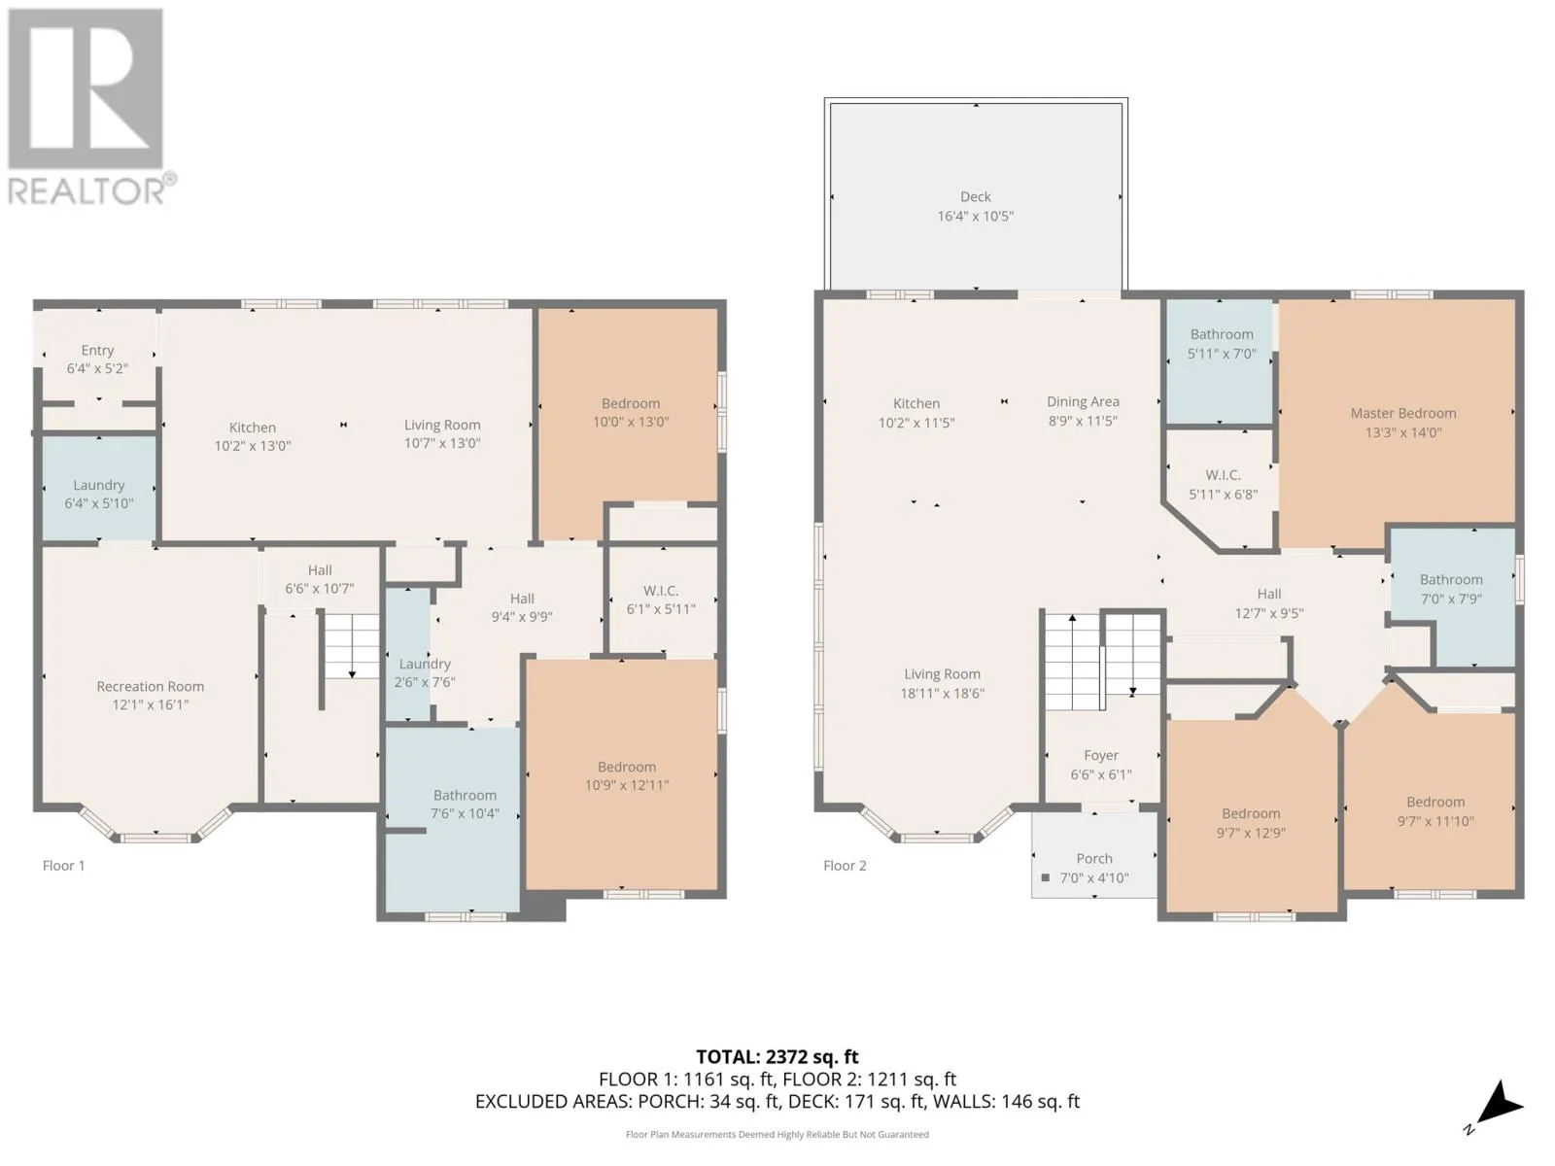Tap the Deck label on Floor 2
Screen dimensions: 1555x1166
coord(975,197)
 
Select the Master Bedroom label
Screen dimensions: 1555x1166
coord(1402,414)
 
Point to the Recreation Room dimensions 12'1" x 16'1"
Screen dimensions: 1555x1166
coord(151,704)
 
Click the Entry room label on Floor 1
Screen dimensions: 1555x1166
coord(97,351)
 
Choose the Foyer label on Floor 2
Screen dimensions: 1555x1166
coord(1101,755)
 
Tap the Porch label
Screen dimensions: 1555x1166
coord(1093,859)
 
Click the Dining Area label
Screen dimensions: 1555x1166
coord(1083,401)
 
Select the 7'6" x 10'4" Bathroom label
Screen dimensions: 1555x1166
coord(465,796)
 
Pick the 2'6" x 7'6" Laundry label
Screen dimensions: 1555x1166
coord(425,664)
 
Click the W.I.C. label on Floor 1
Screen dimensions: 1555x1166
coord(661,591)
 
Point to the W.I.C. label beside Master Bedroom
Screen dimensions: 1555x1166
coord(1223,475)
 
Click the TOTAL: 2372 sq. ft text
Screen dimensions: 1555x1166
coord(777,1057)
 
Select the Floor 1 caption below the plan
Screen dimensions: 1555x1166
coord(64,866)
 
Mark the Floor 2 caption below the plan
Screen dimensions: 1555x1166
coord(845,866)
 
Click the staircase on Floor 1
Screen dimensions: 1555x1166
coord(352,646)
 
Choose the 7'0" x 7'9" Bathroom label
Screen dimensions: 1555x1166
coord(1451,580)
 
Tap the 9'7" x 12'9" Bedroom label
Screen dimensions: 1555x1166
coord(1251,814)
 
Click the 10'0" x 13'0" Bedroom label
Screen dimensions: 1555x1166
coord(631,403)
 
